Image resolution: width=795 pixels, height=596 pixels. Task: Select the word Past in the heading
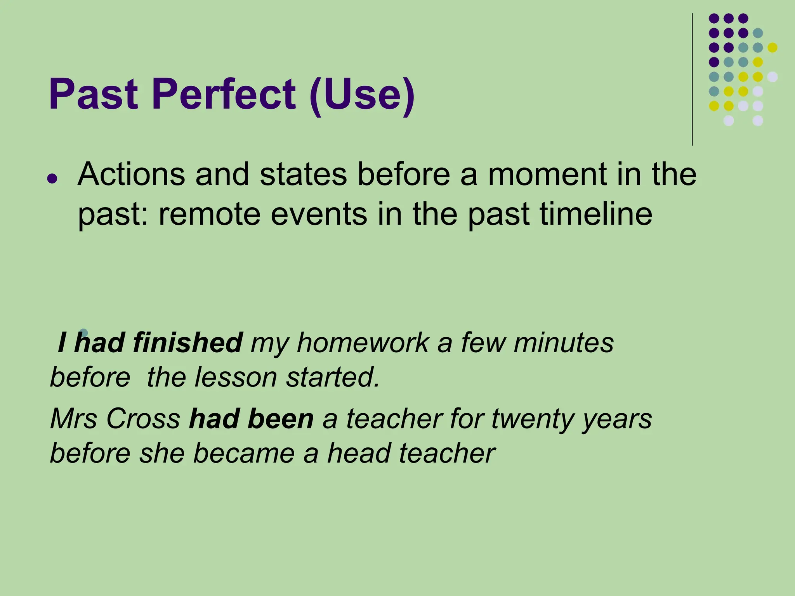[93, 94]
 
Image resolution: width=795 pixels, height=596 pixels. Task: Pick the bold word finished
[187, 343]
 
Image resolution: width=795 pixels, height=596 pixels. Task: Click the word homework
[363, 343]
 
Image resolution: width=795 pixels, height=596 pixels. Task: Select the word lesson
[235, 377]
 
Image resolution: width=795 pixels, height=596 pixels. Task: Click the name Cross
[143, 419]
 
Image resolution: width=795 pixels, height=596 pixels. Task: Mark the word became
[244, 453]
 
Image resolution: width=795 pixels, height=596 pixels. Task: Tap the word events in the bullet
[318, 214]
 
